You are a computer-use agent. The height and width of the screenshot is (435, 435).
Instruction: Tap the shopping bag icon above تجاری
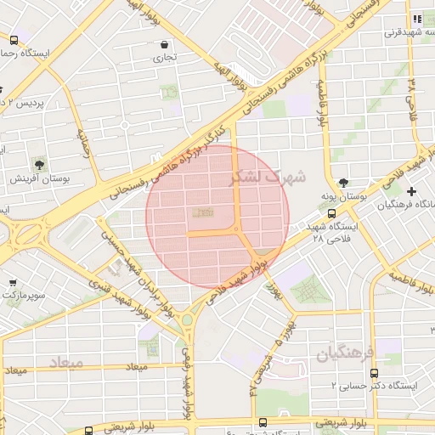(163, 44)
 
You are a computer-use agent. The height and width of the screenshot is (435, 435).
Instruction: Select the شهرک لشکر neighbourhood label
(266, 178)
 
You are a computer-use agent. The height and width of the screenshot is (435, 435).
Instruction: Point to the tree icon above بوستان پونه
(343, 182)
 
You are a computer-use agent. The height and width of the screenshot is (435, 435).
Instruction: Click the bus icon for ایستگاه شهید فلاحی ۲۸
(331, 214)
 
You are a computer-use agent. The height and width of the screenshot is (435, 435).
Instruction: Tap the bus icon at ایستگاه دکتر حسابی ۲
(374, 371)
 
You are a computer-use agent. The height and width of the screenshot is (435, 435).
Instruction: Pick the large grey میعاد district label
(66, 363)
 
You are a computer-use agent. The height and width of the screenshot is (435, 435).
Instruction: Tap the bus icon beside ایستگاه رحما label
(14, 39)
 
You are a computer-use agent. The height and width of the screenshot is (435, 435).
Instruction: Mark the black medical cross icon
(412, 191)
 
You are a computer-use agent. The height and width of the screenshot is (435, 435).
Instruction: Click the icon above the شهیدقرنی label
(416, 19)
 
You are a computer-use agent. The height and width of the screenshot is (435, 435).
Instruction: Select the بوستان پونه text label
(365, 195)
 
